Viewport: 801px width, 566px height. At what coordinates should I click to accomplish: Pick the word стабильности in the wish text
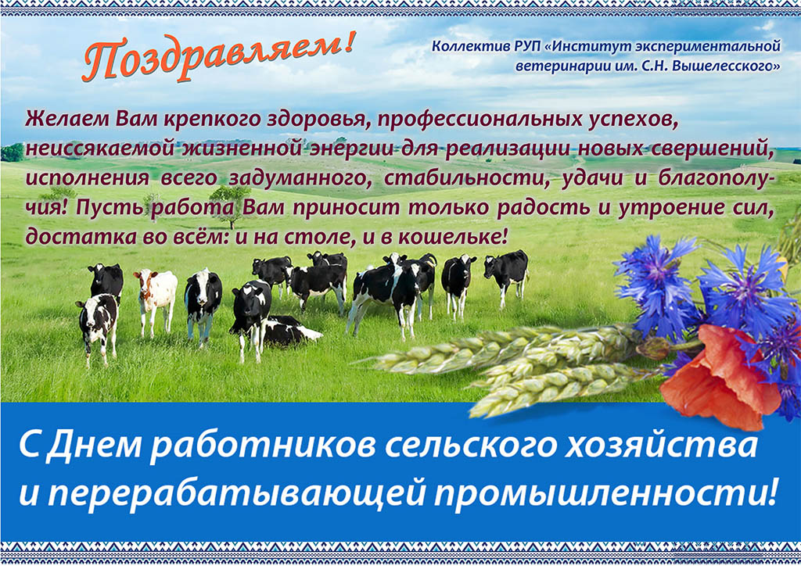point(466,178)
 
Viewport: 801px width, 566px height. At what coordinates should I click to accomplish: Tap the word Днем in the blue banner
point(95,445)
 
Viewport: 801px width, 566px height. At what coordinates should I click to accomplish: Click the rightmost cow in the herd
point(506,276)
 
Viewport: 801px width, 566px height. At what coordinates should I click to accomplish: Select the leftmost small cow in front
point(98,327)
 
